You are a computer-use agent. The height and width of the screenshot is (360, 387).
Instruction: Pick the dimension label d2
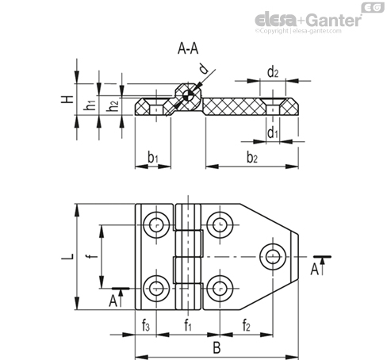[x=273, y=73]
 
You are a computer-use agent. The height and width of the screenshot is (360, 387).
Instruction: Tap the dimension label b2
[x=252, y=158]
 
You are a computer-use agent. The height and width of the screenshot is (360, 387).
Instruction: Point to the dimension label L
[x=69, y=257]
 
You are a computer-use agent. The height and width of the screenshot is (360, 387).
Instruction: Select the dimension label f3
[x=147, y=324]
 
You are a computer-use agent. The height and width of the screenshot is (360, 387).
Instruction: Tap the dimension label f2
[x=247, y=324]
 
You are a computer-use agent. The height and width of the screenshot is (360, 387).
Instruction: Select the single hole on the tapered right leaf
[x=274, y=255]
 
